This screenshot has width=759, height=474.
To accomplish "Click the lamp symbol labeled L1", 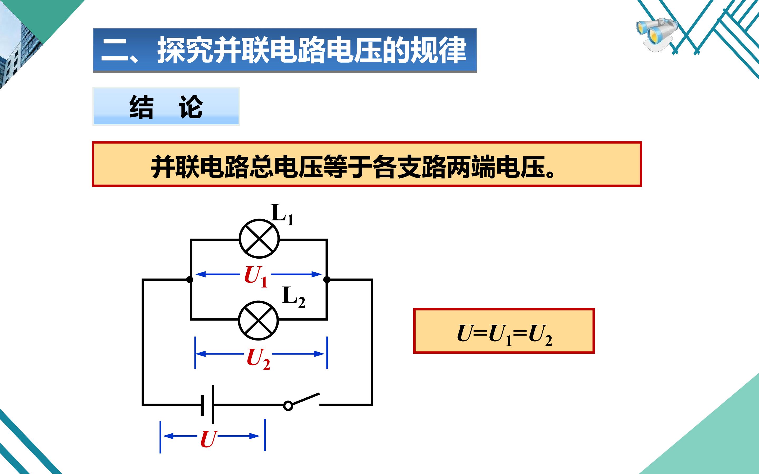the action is (x=259, y=239).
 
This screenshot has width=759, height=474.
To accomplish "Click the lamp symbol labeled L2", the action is (x=259, y=321).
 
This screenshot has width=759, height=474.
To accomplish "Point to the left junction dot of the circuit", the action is (x=189, y=279).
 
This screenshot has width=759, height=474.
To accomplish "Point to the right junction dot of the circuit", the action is (x=327, y=279).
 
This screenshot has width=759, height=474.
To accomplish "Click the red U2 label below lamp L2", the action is (x=258, y=359).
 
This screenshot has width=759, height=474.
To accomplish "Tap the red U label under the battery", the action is (x=208, y=439).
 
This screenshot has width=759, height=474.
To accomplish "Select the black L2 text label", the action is (x=294, y=297).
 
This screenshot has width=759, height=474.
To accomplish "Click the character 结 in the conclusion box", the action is (x=142, y=107).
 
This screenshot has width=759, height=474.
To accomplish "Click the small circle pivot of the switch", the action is (x=288, y=406).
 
